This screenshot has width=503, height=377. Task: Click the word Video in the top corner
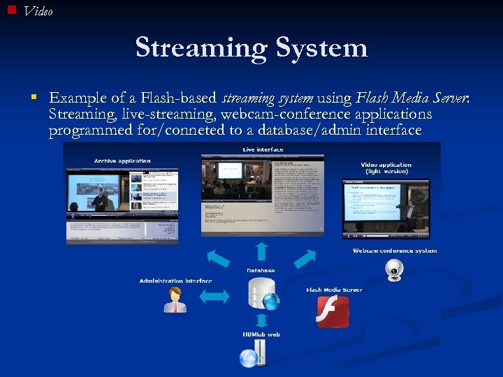point(38,11)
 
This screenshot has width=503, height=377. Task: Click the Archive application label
point(122,161)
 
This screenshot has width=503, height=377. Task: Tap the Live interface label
point(263,149)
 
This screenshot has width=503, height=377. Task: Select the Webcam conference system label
point(395,251)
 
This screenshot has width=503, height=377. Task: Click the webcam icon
point(395,270)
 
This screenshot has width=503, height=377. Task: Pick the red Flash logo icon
point(333,311)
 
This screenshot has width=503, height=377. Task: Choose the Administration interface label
point(175,281)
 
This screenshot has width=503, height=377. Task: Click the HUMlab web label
point(261,335)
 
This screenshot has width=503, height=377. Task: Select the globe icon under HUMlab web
point(249,357)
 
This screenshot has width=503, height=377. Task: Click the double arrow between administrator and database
point(214,296)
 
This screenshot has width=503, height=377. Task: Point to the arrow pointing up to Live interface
point(261,252)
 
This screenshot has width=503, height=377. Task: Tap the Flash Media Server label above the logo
point(335,290)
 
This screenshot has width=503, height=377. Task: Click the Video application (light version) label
point(386,168)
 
